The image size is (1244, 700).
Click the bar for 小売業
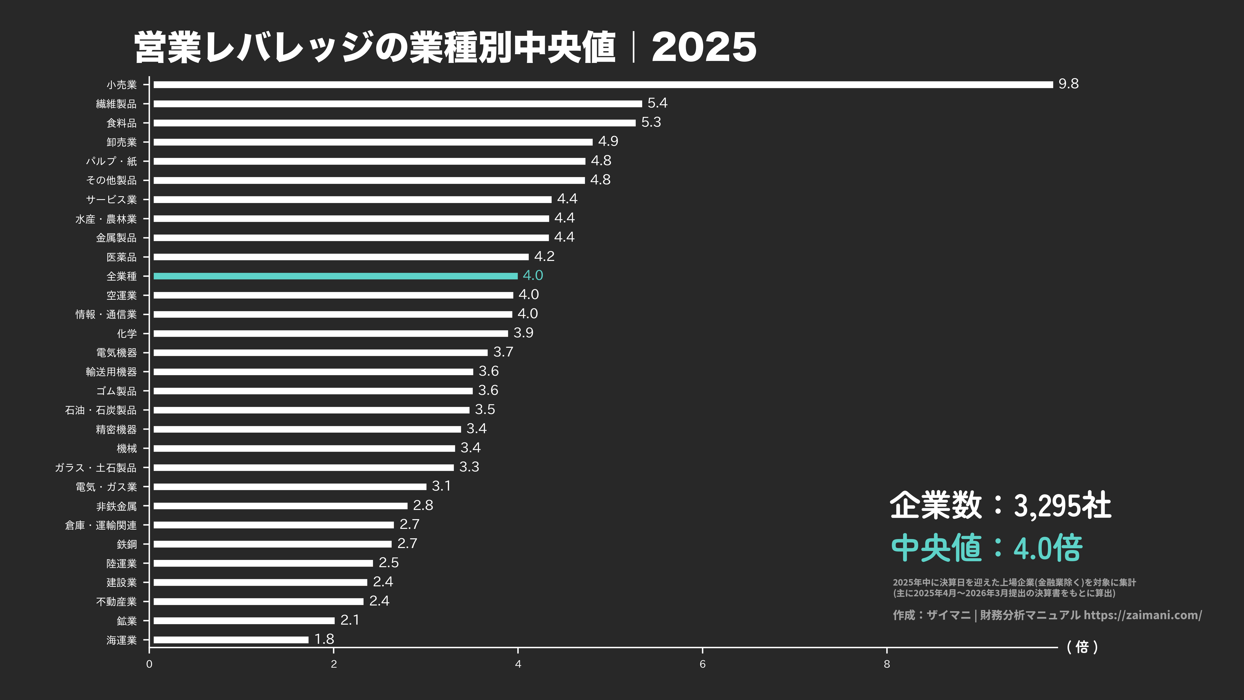coord(603,85)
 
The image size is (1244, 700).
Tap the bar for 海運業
coord(231,640)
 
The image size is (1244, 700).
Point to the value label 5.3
coord(651,122)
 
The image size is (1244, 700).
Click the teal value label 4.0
coord(533,275)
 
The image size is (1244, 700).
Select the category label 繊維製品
coord(116,104)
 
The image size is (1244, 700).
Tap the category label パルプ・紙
coord(111,161)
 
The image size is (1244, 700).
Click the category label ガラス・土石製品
coord(96,467)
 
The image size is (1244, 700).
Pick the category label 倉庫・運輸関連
coord(101,525)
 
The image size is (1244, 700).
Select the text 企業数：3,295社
coord(1000,505)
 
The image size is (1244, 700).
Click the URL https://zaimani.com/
coord(1142,615)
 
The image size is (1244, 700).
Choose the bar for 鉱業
coord(244,620)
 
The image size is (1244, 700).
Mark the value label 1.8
coord(324,639)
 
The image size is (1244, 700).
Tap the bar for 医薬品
coord(341,257)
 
